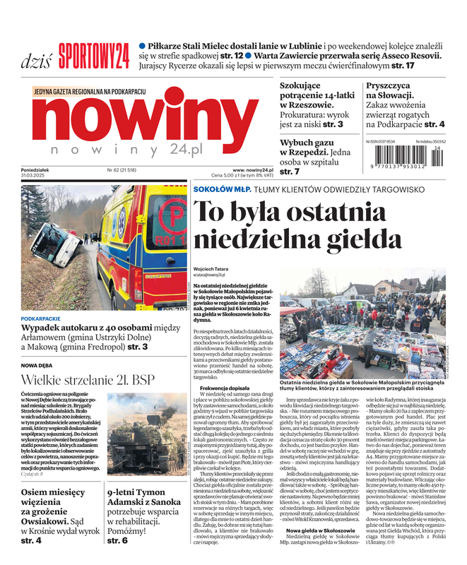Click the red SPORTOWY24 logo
click(93, 54)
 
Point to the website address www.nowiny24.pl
click(253, 170)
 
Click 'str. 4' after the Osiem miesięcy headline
click(31, 541)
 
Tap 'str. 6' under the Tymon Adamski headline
click(117, 540)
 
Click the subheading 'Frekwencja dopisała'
click(225, 389)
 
